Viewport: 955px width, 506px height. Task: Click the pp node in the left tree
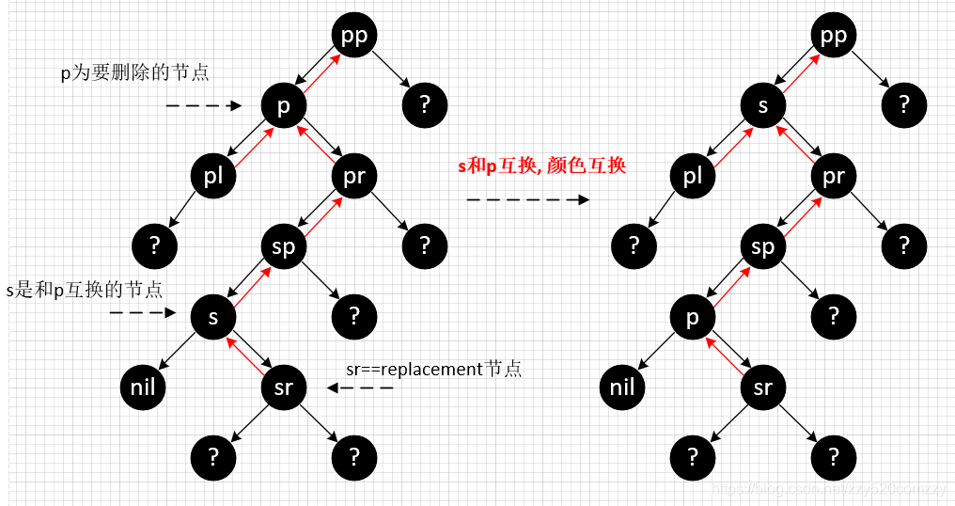354,36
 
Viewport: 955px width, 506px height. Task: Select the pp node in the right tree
834,36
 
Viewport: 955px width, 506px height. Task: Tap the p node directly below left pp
284,106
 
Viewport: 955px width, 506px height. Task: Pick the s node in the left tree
213,317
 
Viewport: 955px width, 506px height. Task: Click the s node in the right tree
763,106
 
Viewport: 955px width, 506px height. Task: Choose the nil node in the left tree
143,387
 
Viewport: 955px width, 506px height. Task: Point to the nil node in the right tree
622,387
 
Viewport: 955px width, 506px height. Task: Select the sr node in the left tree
284,387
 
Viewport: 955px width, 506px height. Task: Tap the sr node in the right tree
763,387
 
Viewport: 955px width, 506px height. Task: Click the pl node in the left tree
213,176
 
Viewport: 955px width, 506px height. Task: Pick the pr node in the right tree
834,176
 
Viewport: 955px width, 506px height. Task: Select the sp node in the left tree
284,246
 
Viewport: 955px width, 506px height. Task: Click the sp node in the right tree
763,246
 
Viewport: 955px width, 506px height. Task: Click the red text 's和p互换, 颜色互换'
542,166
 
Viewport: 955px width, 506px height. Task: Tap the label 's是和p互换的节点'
85,289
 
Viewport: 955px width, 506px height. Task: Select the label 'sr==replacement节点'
433,369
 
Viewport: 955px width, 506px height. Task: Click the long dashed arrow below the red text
527,200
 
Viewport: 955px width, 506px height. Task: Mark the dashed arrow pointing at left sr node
360,387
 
